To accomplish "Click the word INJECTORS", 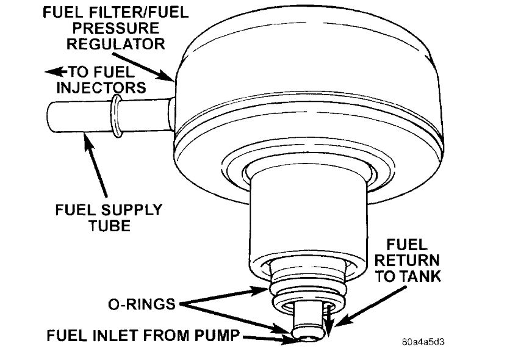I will point(101,88).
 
